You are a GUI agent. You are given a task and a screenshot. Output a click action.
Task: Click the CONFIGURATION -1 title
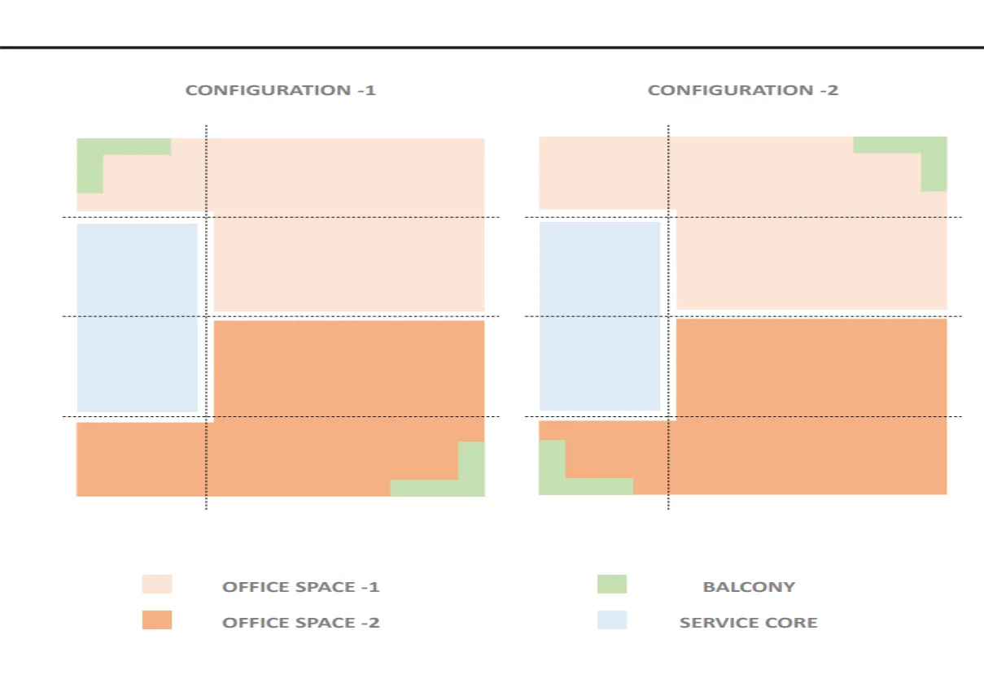280,90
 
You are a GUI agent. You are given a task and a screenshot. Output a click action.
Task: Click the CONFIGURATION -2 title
742,90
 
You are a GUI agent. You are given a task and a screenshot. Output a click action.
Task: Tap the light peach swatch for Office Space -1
157,585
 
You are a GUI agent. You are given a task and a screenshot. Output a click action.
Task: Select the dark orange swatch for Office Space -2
157,620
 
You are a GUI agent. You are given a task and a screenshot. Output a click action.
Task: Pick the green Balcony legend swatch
612,585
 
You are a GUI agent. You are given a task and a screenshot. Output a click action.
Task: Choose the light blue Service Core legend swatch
612,620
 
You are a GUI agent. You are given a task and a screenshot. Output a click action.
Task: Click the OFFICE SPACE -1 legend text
300,587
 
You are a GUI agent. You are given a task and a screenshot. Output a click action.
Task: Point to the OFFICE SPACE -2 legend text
300,623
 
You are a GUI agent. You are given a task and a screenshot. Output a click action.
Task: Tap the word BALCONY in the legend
749,587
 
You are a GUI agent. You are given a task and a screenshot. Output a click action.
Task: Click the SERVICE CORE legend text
748,623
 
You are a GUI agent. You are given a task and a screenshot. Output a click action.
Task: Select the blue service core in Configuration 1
137,317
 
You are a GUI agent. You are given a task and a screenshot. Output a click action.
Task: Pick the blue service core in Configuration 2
599,315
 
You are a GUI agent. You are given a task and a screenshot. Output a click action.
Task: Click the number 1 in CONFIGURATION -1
371,90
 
